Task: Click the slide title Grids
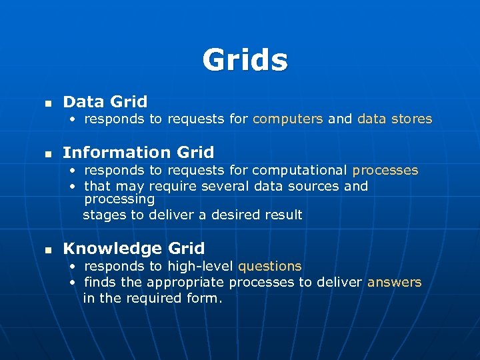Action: point(245,60)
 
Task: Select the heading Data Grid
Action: point(105,102)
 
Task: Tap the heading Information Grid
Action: point(138,153)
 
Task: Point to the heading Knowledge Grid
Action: point(133,249)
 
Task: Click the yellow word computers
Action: point(288,119)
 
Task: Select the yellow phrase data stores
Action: point(395,119)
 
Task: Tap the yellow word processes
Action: point(385,170)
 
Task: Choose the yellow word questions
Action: point(270,266)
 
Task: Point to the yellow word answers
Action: point(395,282)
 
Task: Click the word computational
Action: point(301,170)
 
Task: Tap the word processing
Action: point(119,199)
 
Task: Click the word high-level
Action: point(201,266)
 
